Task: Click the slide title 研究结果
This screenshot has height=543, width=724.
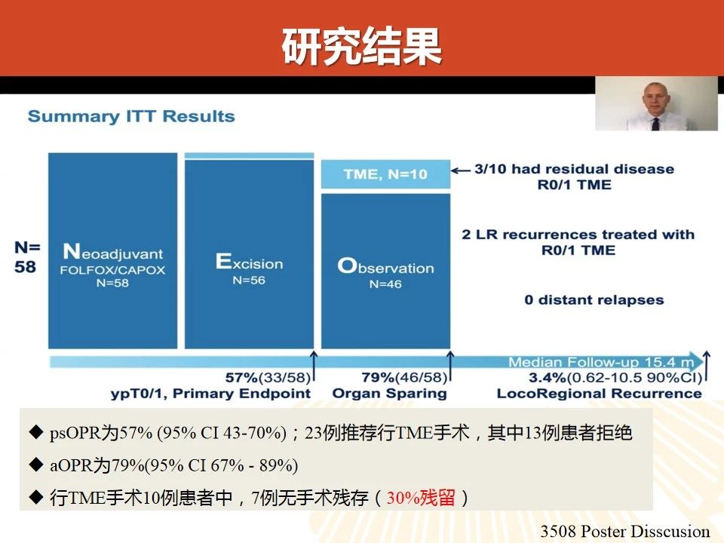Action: [x=362, y=46]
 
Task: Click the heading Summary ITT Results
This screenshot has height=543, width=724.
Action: [x=131, y=116]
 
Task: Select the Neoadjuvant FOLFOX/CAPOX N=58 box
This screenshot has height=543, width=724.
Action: [x=112, y=250]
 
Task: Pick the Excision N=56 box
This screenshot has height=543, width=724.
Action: [x=250, y=254]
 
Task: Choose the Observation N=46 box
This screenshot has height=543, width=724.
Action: [x=385, y=271]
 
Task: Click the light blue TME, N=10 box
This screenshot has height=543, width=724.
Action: [x=385, y=174]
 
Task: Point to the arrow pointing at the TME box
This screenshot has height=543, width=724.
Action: [x=461, y=171]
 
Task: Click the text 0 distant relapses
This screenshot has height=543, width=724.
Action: [x=594, y=300]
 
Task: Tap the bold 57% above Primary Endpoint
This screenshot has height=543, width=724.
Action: [x=241, y=378]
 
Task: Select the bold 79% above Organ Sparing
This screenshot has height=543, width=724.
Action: [x=378, y=378]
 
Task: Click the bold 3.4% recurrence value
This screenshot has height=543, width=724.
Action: [x=548, y=378]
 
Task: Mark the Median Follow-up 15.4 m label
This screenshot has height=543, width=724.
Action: [x=601, y=362]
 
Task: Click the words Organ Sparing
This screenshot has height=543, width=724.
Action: [x=390, y=394]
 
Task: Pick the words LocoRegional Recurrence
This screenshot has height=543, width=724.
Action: [x=600, y=394]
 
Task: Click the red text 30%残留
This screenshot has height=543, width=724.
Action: [x=421, y=498]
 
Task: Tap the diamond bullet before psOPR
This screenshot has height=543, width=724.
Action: [x=35, y=432]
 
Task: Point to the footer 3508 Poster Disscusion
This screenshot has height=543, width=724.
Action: [x=624, y=531]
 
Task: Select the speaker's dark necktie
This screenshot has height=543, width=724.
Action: [x=655, y=124]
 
